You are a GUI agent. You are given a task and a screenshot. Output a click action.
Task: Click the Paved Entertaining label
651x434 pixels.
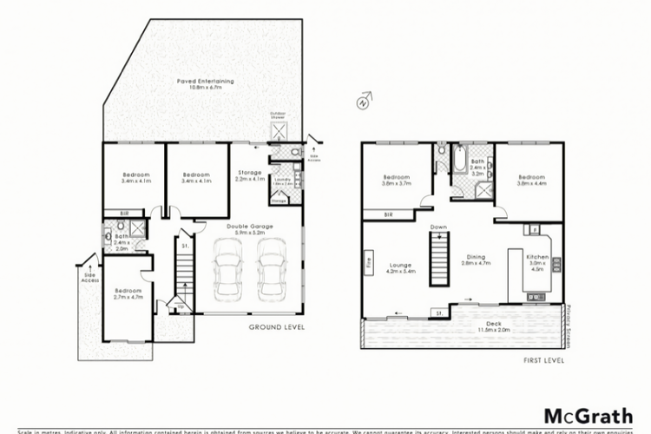pyautogui.click(x=206, y=85)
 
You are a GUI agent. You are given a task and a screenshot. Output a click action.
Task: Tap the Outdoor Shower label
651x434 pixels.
pyautogui.click(x=279, y=114)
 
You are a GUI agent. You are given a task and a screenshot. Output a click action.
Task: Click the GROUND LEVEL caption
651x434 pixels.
pyautogui.click(x=275, y=327)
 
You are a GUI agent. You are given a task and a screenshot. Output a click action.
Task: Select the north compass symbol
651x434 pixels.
pyautogui.click(x=362, y=103)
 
